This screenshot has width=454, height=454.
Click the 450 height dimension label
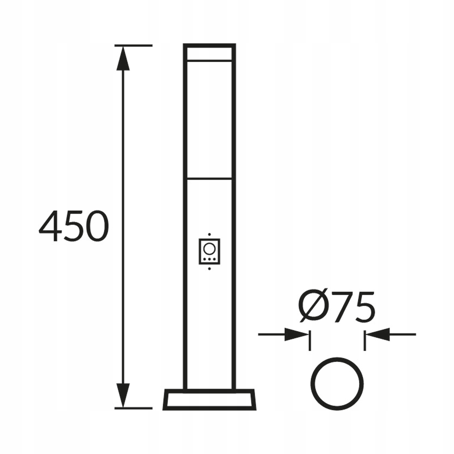click(73, 226)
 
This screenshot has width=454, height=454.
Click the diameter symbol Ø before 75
click(314, 308)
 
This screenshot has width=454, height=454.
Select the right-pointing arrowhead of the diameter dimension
click(297, 334)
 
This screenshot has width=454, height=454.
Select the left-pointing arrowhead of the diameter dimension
click(378, 334)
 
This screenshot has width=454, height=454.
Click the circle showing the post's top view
click(337, 383)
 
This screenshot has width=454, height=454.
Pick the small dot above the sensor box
click(209, 234)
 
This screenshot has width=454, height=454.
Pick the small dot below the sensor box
click(209, 268)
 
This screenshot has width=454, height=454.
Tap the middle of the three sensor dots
click(209, 259)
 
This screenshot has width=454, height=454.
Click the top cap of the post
click(209, 52)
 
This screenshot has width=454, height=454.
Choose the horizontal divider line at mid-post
click(209, 178)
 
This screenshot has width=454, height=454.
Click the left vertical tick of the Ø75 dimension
click(310, 340)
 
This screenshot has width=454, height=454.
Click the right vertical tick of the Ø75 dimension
click(364, 340)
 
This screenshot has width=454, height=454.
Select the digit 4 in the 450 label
click(50, 226)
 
